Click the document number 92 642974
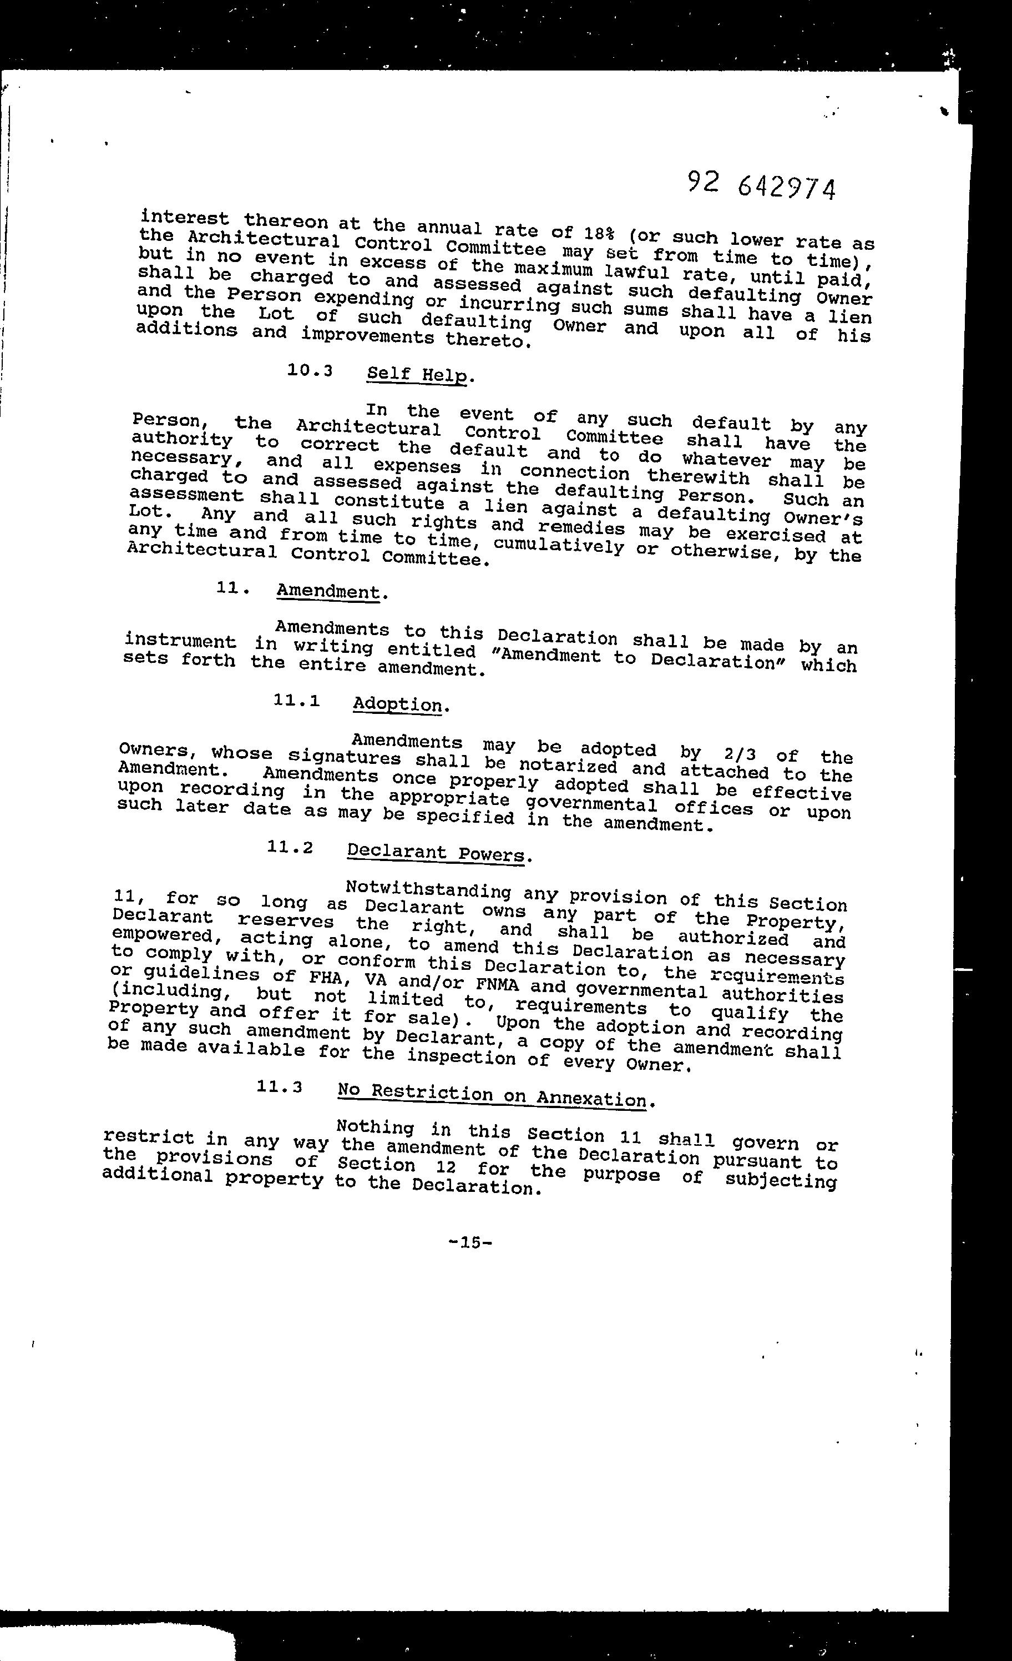(x=762, y=186)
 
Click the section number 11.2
(x=290, y=847)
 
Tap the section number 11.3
(x=280, y=1086)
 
